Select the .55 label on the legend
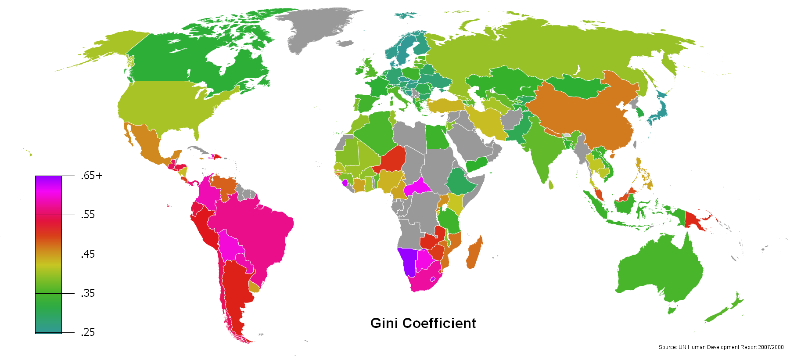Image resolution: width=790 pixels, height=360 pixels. [x=88, y=215]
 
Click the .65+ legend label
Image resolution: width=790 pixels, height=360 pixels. [x=91, y=176]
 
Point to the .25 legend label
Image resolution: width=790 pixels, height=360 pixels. [x=88, y=332]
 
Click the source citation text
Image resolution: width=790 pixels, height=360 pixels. [x=721, y=347]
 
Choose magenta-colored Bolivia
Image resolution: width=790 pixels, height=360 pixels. [x=230, y=246]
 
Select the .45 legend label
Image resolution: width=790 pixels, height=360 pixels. [x=88, y=254]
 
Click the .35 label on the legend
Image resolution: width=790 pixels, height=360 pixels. [x=88, y=293]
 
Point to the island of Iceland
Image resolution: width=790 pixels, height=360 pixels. [x=346, y=43]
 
